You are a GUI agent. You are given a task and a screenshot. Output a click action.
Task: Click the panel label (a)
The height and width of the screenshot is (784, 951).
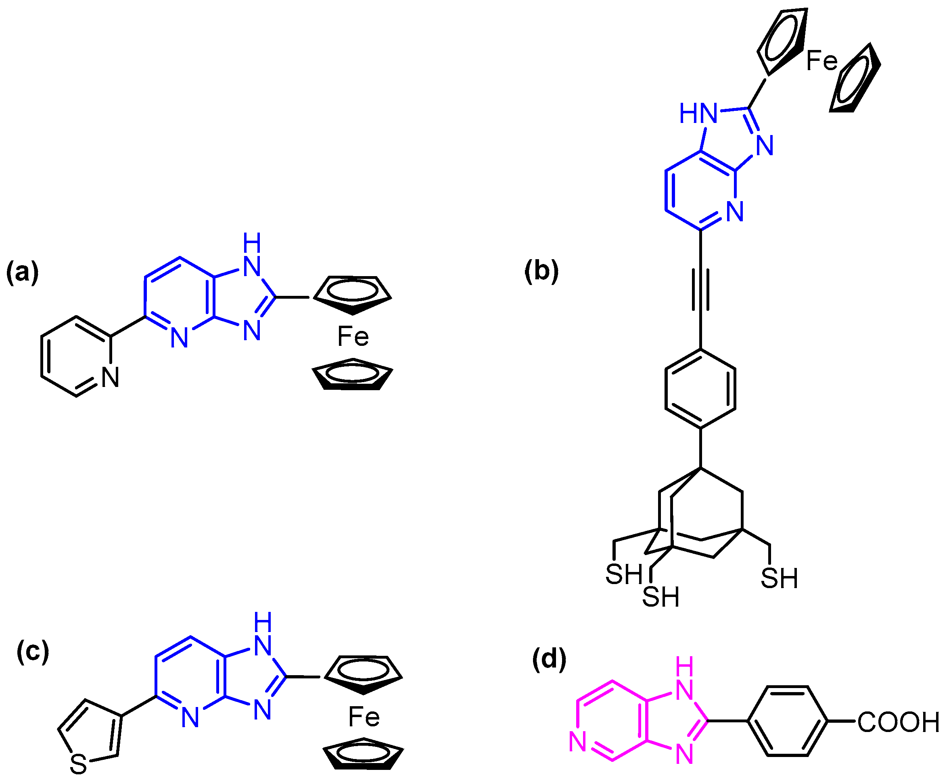23,273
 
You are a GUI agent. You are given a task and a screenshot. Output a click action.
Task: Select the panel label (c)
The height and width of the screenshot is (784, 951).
33,652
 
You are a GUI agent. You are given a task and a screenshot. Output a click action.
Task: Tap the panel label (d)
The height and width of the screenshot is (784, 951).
549,660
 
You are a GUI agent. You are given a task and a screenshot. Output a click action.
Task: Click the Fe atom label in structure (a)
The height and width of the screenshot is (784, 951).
353,337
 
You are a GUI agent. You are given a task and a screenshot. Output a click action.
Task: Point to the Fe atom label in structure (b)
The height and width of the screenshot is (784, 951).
822,60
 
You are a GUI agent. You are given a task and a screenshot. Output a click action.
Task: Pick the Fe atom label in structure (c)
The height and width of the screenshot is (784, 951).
364,717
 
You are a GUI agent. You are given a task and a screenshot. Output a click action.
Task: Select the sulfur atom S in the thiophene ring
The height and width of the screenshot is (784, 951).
78,765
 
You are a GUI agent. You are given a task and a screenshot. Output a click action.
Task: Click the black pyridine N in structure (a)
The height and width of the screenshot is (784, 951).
110,377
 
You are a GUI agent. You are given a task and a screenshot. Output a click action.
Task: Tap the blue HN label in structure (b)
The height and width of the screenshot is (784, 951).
698,113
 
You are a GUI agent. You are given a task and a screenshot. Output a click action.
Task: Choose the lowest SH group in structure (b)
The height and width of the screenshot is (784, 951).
661,597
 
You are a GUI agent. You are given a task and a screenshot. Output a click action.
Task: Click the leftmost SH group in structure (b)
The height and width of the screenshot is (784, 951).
624,574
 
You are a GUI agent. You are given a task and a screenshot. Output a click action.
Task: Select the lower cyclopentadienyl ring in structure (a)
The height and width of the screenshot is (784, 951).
353,374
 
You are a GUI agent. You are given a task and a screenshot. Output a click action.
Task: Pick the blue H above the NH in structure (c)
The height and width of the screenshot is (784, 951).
263,622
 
